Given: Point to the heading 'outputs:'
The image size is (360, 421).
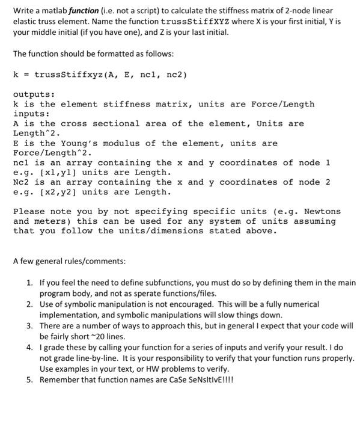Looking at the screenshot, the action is point(34,94).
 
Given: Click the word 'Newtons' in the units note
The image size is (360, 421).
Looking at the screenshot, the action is point(322,211).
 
